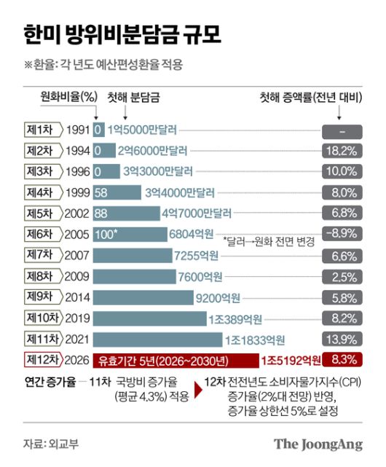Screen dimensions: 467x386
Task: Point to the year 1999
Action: [77, 193]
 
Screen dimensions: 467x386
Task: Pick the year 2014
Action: [77, 297]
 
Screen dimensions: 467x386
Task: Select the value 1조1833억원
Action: [254, 339]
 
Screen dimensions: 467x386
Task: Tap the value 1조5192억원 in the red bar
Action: [291, 360]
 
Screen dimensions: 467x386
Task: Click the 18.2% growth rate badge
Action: [341, 151]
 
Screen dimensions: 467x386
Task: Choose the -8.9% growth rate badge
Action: [341, 235]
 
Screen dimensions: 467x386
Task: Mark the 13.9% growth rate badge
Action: [341, 339]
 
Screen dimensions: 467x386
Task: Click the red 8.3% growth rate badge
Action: [341, 360]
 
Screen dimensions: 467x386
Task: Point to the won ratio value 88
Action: [101, 214]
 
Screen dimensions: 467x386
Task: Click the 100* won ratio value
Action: [106, 235]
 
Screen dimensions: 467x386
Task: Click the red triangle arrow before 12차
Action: [197, 389]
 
